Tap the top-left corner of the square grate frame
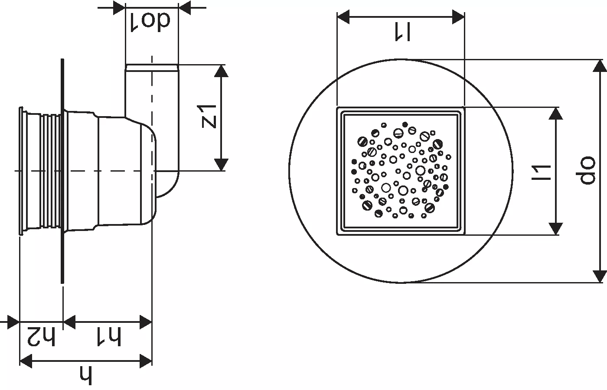point(338,107)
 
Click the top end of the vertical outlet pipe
point(152,65)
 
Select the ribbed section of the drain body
point(51,171)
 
